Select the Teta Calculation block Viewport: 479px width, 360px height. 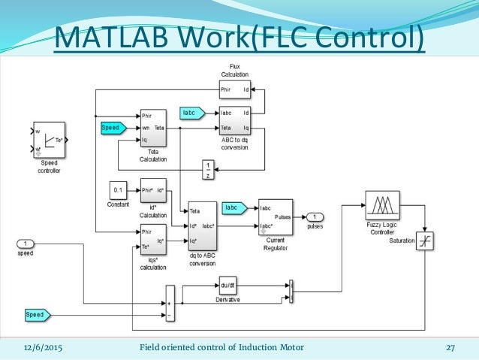tap(153, 129)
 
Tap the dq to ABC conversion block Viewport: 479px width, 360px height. tap(202, 226)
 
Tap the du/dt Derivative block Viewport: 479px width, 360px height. tap(227, 286)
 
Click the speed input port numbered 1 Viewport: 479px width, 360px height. tap(26, 244)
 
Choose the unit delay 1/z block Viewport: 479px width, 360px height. tap(209, 168)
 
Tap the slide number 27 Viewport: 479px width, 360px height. tap(450, 347)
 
